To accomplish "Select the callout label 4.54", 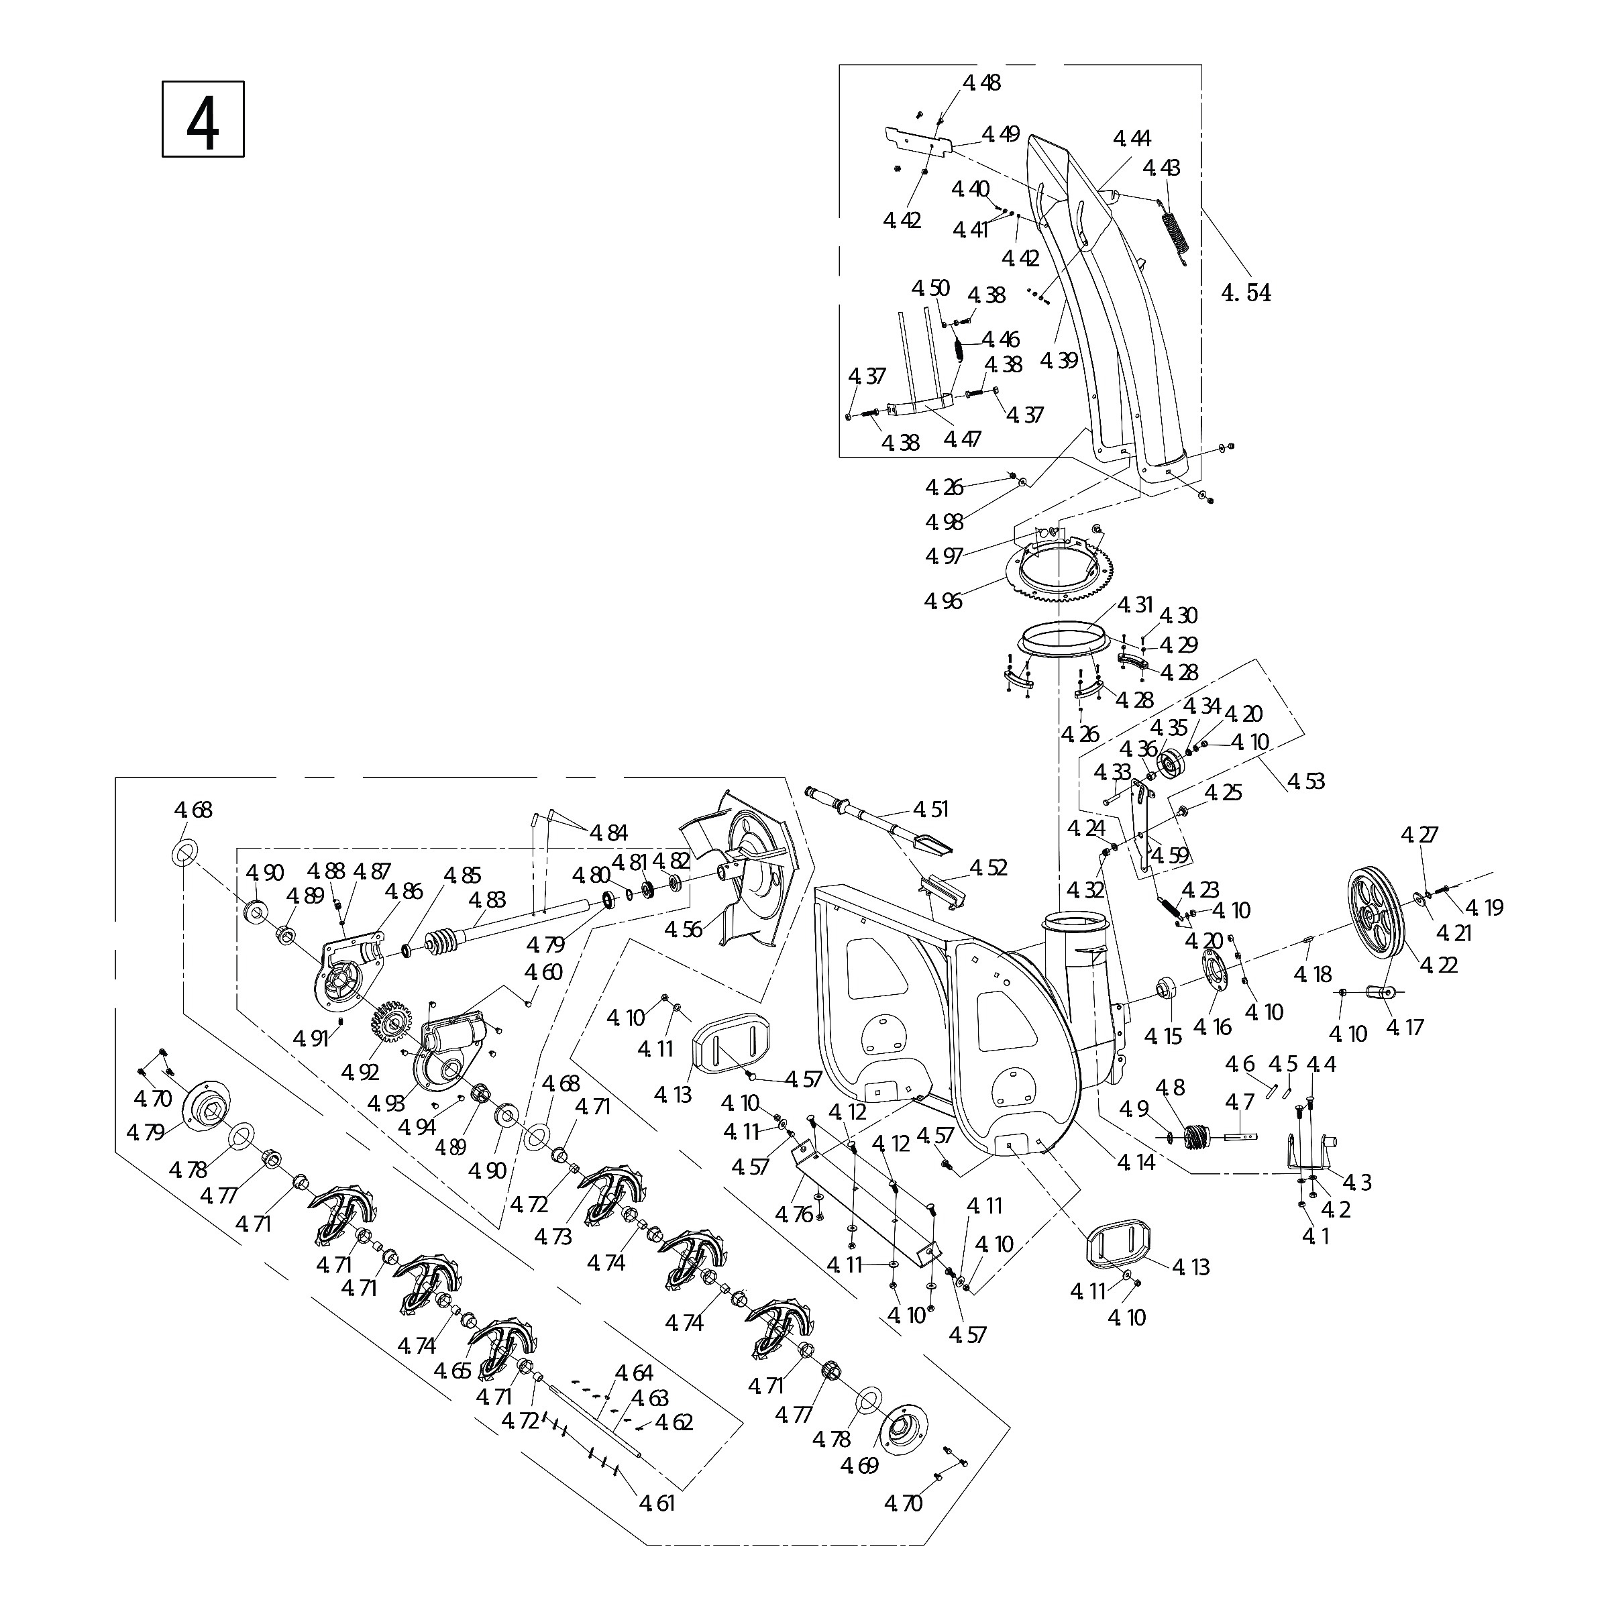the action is pyautogui.click(x=1246, y=292).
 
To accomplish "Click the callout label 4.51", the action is pyautogui.click(x=931, y=809).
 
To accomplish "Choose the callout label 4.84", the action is pyautogui.click(x=608, y=833).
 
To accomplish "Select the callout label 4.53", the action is pyautogui.click(x=1306, y=781).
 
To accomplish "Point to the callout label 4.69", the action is pyautogui.click(x=859, y=1465).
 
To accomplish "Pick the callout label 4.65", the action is pyautogui.click(x=453, y=1371).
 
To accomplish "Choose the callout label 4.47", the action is pyautogui.click(x=963, y=438).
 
